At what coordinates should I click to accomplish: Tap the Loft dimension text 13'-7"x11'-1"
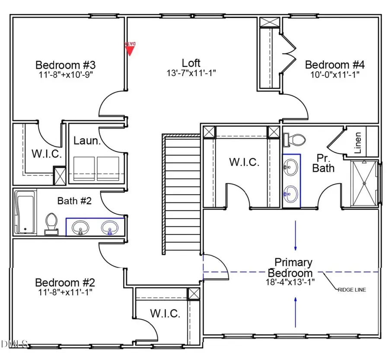(x=191, y=73)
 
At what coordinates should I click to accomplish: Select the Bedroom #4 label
(x=335, y=65)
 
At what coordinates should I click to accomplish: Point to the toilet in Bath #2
(x=51, y=223)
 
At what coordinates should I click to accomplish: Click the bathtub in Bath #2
(x=24, y=212)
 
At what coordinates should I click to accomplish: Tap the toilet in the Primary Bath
(x=296, y=139)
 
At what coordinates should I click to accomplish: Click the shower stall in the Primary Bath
(x=364, y=182)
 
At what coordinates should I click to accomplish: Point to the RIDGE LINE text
(x=351, y=289)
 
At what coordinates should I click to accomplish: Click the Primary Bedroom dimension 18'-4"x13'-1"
(x=290, y=282)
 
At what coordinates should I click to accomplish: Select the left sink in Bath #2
(x=80, y=227)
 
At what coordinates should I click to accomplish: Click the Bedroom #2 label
(x=65, y=283)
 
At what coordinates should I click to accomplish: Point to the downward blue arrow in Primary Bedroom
(x=296, y=236)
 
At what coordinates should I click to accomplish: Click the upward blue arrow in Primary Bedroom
(x=296, y=312)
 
